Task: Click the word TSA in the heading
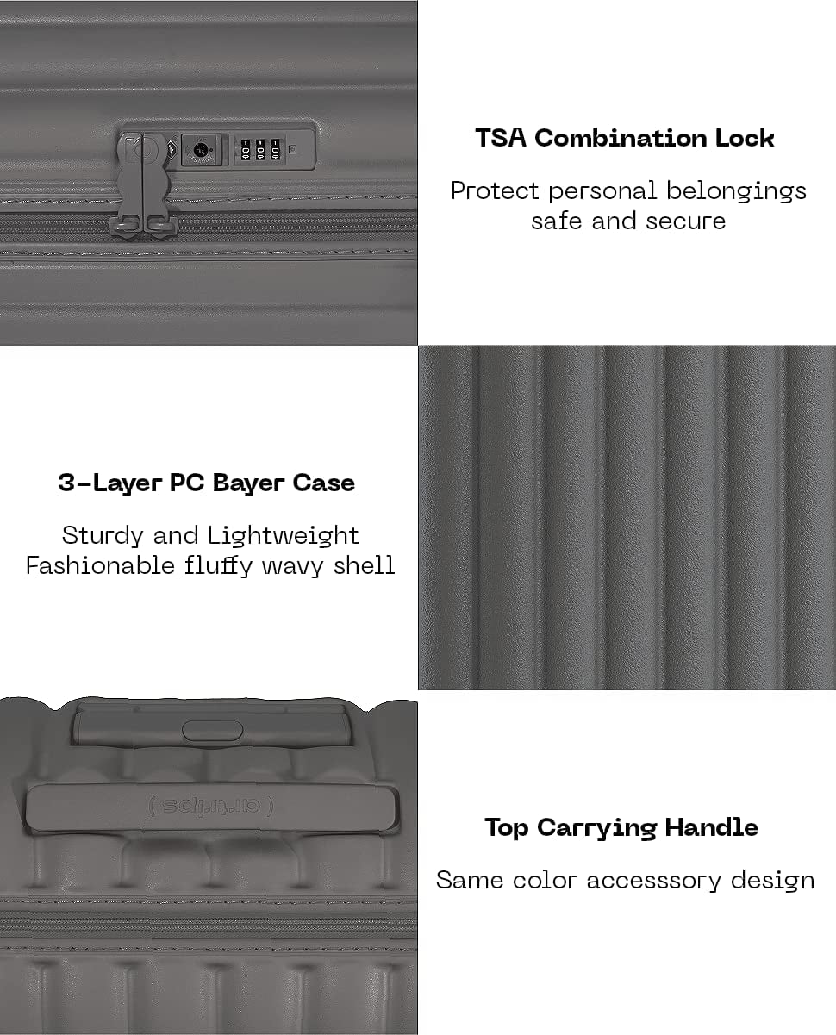501,138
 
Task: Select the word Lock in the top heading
745,138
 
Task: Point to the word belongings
736,192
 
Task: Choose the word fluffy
218,566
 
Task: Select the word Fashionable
100,565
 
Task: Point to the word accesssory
654,881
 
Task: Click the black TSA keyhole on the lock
200,150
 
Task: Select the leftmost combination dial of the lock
246,150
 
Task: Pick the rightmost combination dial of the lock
276,150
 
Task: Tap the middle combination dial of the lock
260,150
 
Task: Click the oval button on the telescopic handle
212,730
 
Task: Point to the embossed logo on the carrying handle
210,807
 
